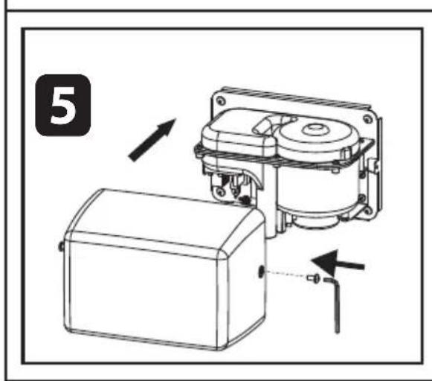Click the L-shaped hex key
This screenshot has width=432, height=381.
[x=334, y=301]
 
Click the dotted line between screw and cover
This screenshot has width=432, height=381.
[x=286, y=276]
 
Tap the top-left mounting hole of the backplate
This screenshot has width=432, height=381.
[x=221, y=97]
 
